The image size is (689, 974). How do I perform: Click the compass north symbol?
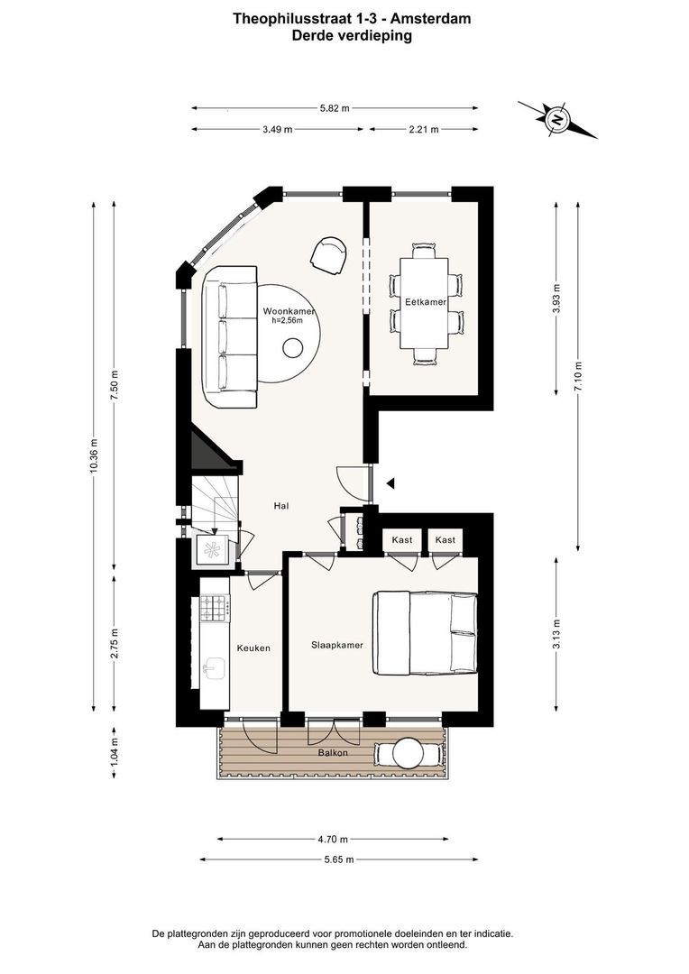tap(557, 119)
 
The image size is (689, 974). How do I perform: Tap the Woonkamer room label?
tap(289, 311)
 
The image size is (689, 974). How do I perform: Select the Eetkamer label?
tap(426, 302)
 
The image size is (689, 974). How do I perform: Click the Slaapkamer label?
tap(337, 645)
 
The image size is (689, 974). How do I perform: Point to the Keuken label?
tap(253, 648)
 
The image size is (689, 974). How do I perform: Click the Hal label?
tap(281, 506)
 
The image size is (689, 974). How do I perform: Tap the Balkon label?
tap(333, 752)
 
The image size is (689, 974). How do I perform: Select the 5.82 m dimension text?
tap(335, 108)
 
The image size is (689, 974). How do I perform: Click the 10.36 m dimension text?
tap(94, 455)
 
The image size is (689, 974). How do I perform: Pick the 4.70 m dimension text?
tap(333, 840)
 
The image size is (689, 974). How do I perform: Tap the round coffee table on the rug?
tap(292, 348)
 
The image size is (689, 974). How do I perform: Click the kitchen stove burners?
tap(215, 608)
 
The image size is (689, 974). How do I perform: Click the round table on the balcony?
tap(408, 752)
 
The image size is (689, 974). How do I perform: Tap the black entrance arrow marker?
tap(390, 482)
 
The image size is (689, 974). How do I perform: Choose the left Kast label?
tap(402, 540)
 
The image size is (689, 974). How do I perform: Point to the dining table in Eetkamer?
tap(425, 305)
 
